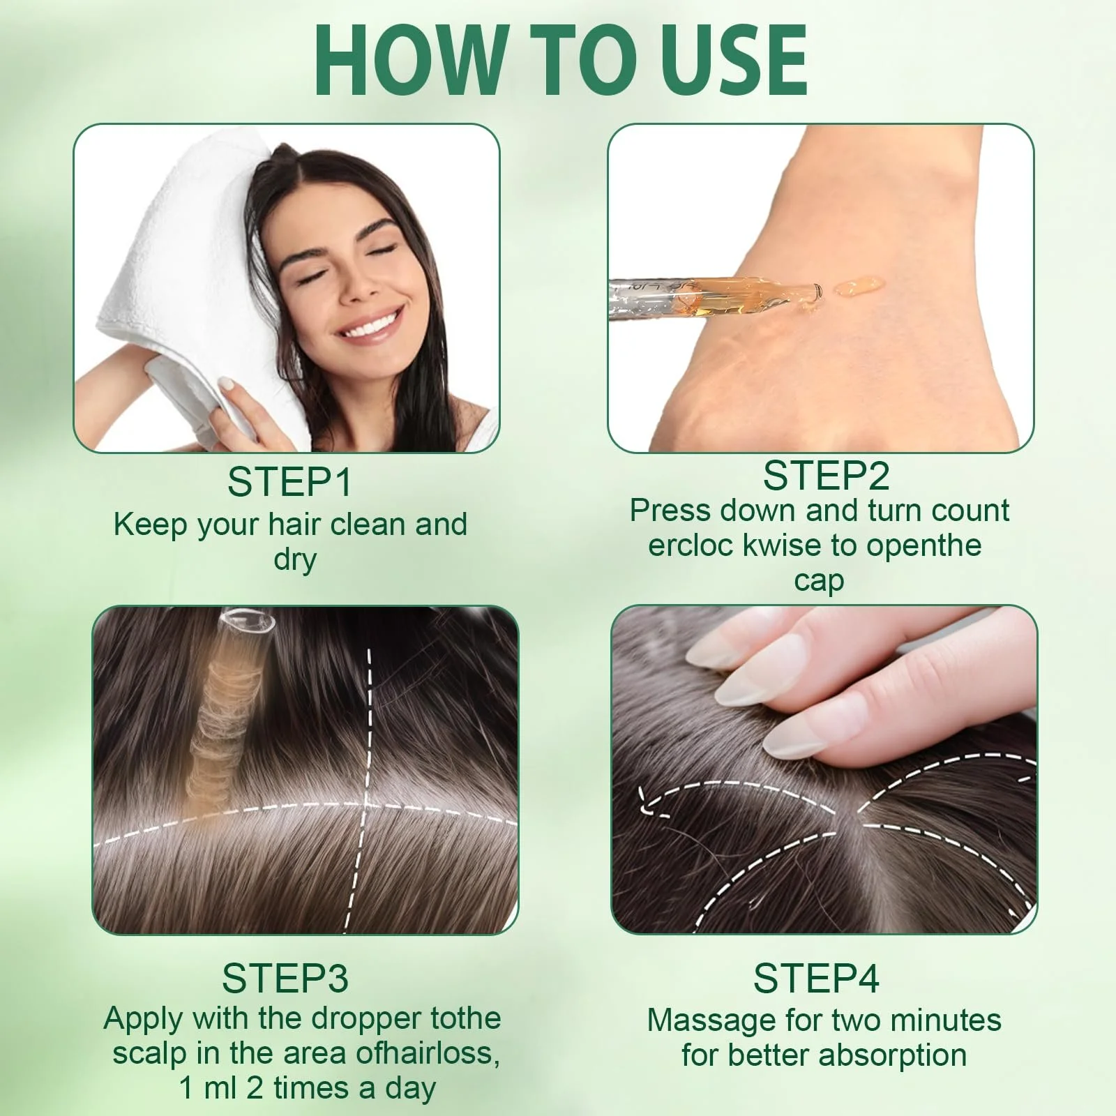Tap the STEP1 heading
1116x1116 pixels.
(289, 482)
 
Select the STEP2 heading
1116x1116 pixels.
(826, 476)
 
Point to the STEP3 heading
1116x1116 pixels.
(285, 978)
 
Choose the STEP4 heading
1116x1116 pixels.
(816, 978)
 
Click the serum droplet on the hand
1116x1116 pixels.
(859, 286)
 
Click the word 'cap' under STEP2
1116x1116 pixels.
(819, 581)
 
